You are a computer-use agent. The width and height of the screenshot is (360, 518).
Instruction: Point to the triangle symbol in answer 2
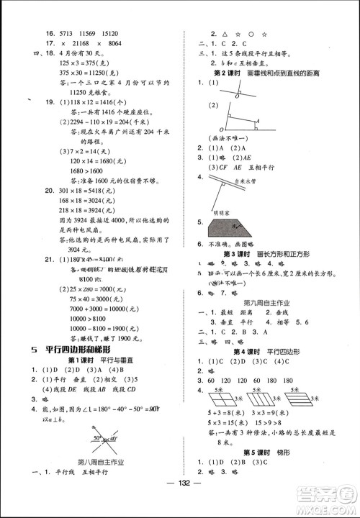pos(226,33)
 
